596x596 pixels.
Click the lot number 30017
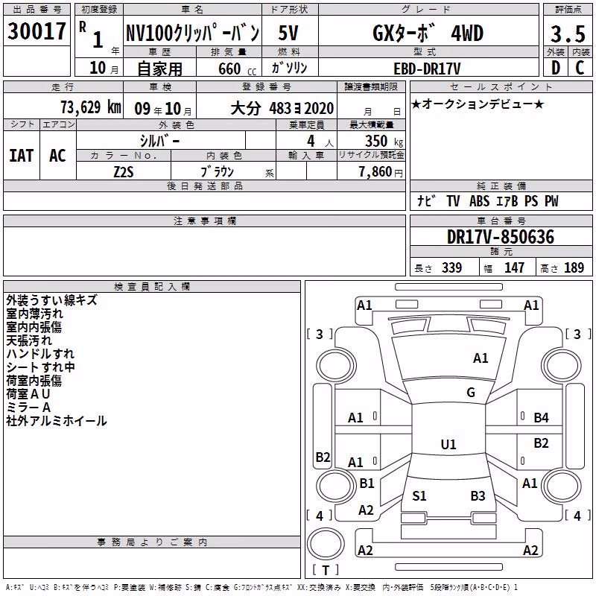click(x=37, y=31)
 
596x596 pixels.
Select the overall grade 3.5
click(x=568, y=34)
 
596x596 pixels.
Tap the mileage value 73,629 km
click(x=91, y=107)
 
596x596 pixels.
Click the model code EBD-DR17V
click(x=427, y=69)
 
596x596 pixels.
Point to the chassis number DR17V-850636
click(x=501, y=237)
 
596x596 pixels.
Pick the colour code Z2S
click(x=124, y=172)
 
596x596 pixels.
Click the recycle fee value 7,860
click(x=375, y=172)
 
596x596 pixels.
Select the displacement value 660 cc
click(x=237, y=69)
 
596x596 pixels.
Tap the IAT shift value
click(x=22, y=156)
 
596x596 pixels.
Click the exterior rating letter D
click(x=556, y=68)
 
